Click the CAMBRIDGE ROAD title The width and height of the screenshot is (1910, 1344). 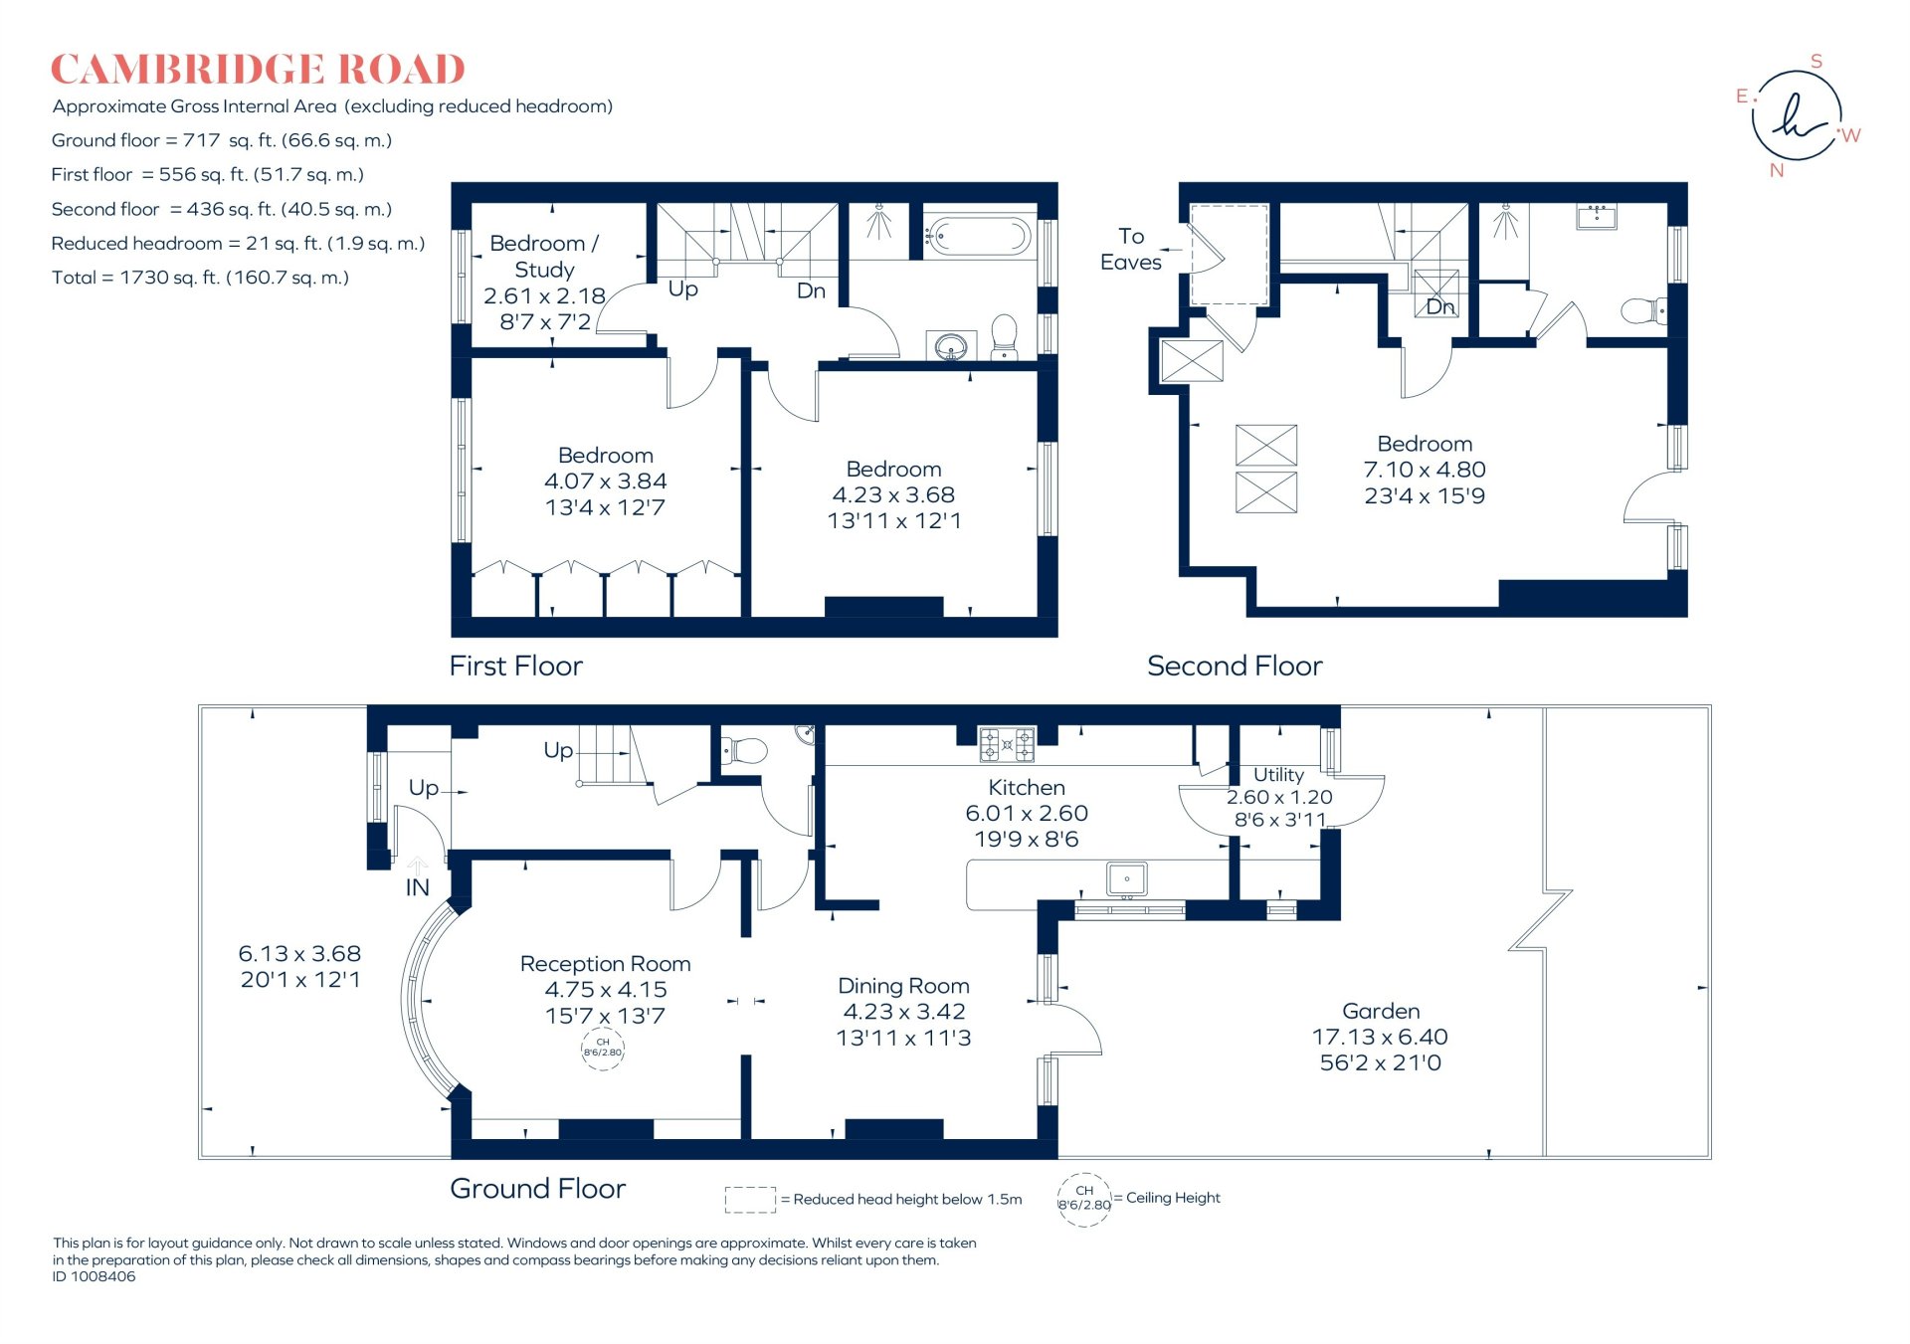pyautogui.click(x=258, y=70)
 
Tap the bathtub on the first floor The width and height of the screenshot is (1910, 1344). pyautogui.click(x=977, y=237)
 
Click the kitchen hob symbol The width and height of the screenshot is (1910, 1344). pyautogui.click(x=1007, y=744)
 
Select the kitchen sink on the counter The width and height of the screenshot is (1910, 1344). pyautogui.click(x=1126, y=879)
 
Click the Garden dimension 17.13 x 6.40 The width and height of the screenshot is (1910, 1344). pyautogui.click(x=1380, y=1037)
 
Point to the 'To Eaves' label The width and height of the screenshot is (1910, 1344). pyautogui.click(x=1131, y=249)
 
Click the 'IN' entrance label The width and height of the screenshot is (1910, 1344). pyautogui.click(x=418, y=887)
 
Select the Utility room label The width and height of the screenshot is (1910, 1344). pyautogui.click(x=1278, y=774)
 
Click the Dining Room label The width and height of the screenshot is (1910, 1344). pyautogui.click(x=903, y=986)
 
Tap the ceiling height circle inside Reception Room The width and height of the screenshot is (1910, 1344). pyautogui.click(x=603, y=1048)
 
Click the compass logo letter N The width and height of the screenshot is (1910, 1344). pyautogui.click(x=1777, y=170)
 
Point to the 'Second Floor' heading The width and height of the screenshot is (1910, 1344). pyautogui.click(x=1235, y=666)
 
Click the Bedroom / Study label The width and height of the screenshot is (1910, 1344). pyautogui.click(x=544, y=256)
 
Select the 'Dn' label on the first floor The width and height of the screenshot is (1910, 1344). pyautogui.click(x=811, y=290)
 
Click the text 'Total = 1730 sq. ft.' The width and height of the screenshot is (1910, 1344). pyautogui.click(x=200, y=278)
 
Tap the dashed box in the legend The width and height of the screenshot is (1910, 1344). pyautogui.click(x=750, y=1199)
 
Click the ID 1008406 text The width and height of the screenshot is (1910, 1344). pyautogui.click(x=95, y=1276)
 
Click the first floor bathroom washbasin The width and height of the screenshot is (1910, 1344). pyautogui.click(x=951, y=347)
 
